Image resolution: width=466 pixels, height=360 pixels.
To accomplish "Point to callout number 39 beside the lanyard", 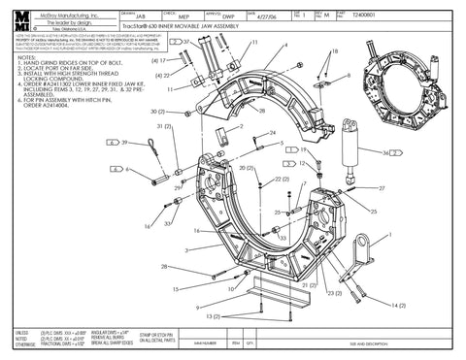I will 123,143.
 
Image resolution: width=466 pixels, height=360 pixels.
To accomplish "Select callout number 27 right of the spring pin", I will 381,187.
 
